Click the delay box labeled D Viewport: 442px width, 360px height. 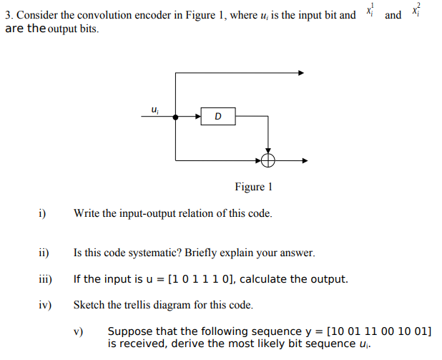[x=217, y=116]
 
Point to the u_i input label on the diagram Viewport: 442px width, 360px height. [x=155, y=110]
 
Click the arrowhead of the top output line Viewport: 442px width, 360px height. [x=301, y=72]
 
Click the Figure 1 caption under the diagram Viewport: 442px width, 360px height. [x=253, y=187]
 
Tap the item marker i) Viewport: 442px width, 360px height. [x=42, y=213]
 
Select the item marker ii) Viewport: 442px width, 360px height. [x=44, y=253]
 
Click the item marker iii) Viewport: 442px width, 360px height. [x=44, y=279]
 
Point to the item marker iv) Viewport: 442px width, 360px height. [x=44, y=305]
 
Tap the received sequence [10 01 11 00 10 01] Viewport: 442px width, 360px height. [x=378, y=331]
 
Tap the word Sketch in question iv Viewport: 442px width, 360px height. [x=89, y=305]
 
